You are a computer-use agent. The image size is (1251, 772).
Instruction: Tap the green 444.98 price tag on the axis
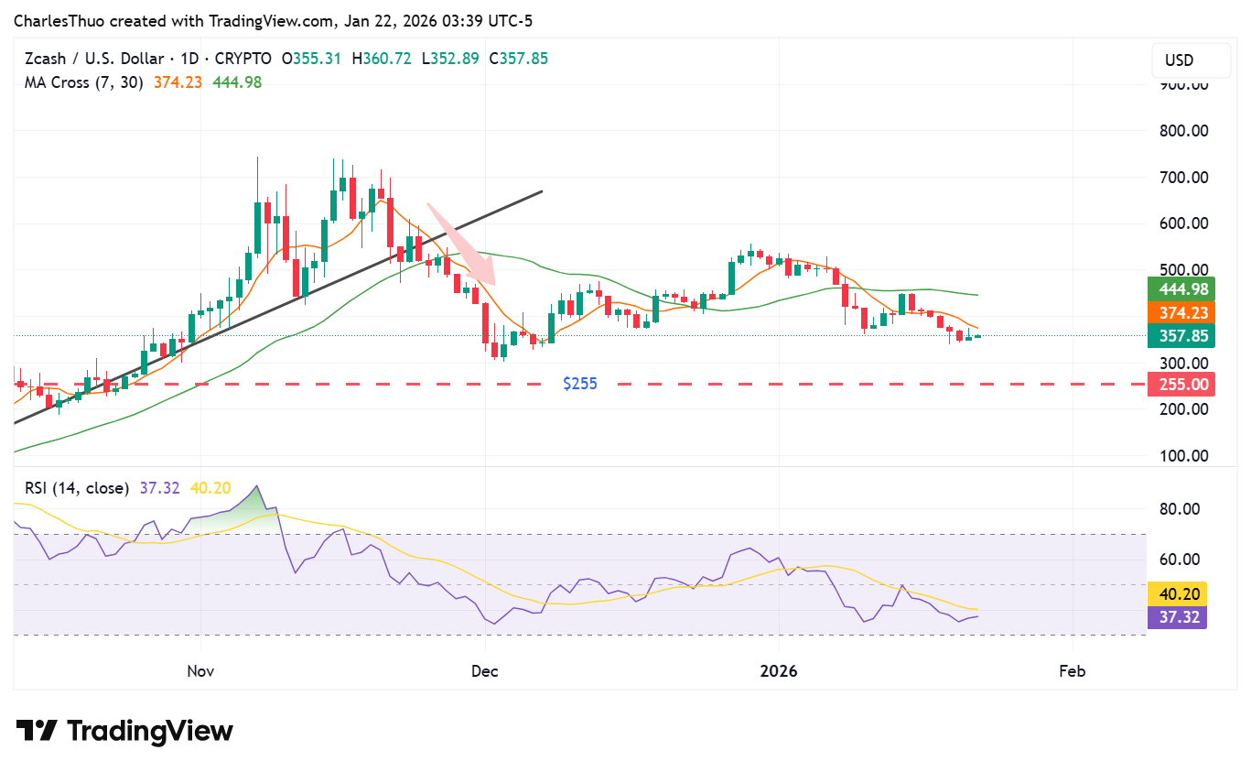1177,289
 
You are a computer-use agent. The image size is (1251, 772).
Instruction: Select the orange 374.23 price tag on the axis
1177,313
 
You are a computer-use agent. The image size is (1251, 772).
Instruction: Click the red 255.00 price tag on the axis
1177,385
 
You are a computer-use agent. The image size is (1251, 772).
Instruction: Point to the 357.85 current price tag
1177,337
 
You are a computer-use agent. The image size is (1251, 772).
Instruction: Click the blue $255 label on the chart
580,384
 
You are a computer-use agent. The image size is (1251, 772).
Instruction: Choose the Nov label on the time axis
200,671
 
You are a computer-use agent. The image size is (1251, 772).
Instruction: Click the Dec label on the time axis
484,671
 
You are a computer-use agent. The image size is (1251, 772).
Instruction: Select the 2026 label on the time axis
778,671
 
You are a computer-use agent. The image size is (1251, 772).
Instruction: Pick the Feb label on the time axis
1072,671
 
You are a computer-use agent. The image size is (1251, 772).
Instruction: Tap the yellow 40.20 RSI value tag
1177,593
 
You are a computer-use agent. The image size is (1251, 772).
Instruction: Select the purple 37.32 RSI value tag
1177,617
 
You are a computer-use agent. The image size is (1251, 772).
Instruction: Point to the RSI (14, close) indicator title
76,488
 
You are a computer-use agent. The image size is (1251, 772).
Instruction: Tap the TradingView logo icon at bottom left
37,731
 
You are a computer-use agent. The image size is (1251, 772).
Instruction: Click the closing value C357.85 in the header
518,59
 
